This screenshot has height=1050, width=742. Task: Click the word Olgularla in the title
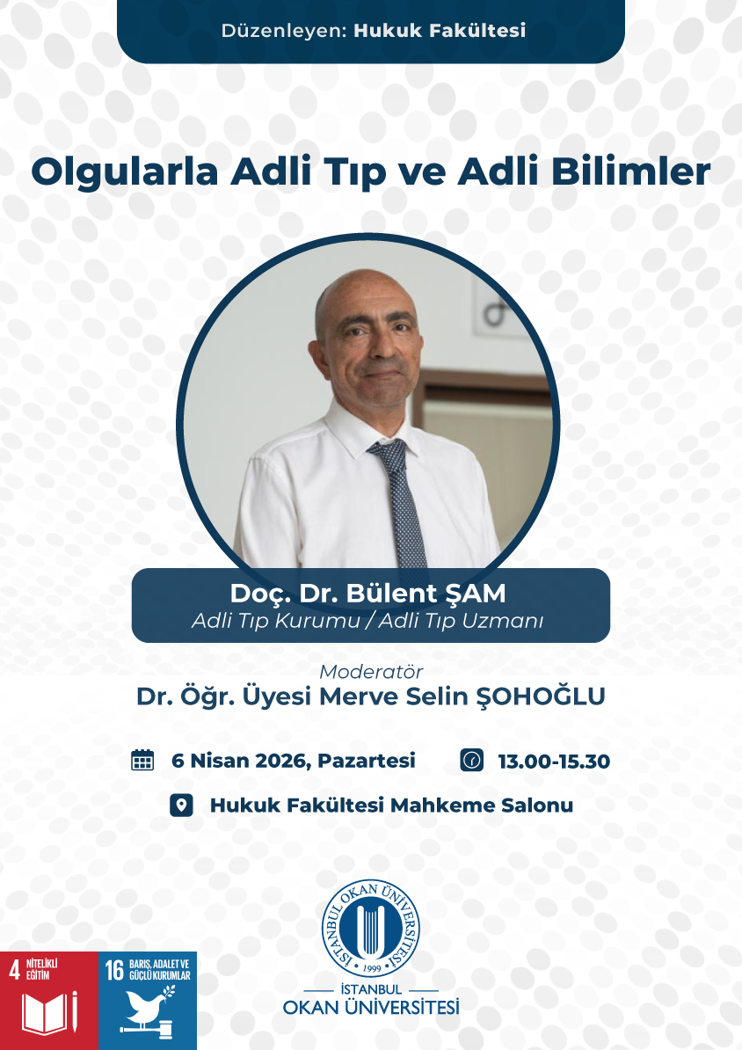click(125, 172)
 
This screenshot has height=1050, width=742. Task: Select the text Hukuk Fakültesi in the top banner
click(440, 30)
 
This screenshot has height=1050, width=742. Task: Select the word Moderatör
click(371, 671)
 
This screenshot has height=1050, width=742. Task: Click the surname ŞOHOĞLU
click(541, 696)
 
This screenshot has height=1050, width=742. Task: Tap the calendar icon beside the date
click(142, 760)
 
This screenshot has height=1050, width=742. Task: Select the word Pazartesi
click(367, 761)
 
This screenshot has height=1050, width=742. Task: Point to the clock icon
click(471, 760)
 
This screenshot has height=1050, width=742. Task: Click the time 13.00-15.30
click(554, 762)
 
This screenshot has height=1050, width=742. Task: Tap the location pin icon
click(181, 805)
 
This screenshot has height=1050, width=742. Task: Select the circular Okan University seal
click(370, 929)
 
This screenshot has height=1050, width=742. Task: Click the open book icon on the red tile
click(46, 1014)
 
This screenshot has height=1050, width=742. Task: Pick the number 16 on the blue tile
click(114, 970)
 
